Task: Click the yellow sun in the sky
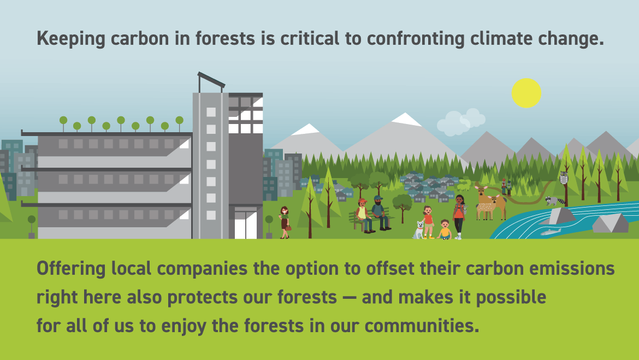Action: click(x=526, y=93)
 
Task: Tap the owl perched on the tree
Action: click(x=564, y=178)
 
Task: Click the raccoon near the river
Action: click(x=555, y=200)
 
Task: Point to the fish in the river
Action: click(x=551, y=232)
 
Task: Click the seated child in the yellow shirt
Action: click(x=444, y=229)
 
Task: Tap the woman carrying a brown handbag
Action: click(x=285, y=222)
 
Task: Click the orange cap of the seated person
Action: click(x=362, y=201)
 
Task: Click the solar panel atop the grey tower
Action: click(x=211, y=80)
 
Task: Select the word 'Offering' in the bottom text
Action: click(x=71, y=269)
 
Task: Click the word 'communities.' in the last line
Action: click(x=422, y=326)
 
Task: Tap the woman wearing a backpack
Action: click(x=459, y=216)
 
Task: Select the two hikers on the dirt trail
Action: click(x=506, y=187)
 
